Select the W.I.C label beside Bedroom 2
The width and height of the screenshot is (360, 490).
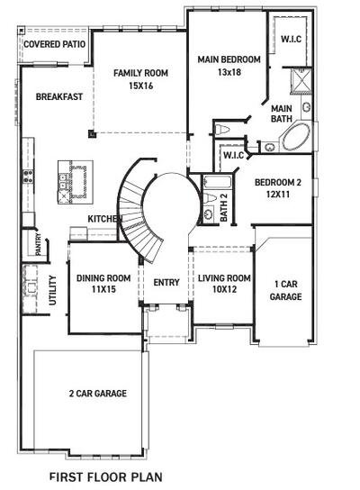coord(233,156)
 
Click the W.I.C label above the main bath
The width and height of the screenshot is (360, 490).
coord(291,39)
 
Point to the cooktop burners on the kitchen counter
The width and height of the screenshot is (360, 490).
coord(28,176)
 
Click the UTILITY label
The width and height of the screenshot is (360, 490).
coord(51,292)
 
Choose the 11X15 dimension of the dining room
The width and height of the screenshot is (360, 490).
coord(103,290)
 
